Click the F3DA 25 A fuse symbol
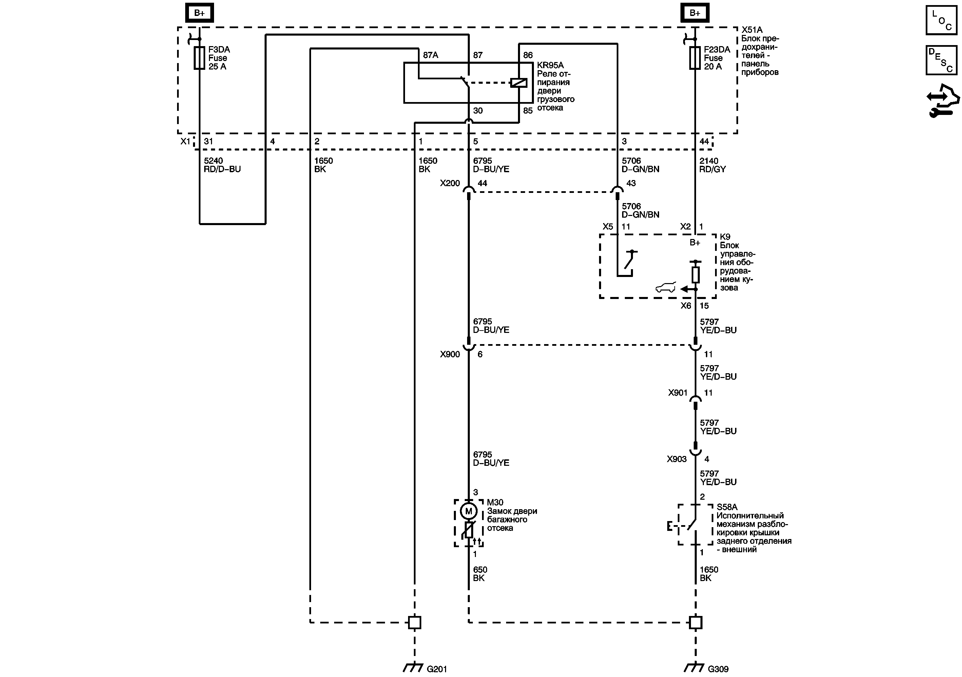pos(199,58)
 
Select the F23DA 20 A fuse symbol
pos(695,58)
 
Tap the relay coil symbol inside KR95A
pos(518,82)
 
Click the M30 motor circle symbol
pos(468,511)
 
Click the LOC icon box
pos(941,20)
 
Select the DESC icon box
pos(941,60)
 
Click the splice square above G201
pos(415,622)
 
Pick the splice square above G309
pos(695,622)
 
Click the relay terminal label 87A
pos(430,55)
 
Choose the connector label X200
pos(449,183)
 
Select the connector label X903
pos(677,459)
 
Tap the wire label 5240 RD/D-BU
pos(222,165)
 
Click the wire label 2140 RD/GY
pos(712,165)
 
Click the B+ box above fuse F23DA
pos(695,13)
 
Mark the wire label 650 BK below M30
pos(480,574)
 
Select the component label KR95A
pos(550,65)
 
